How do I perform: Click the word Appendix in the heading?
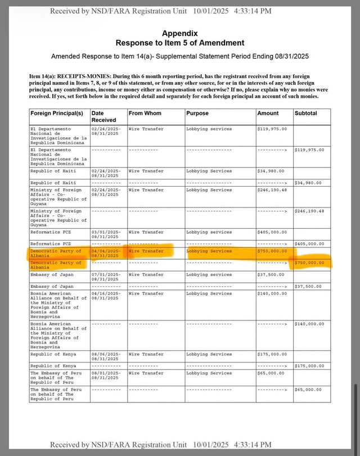tap(179, 33)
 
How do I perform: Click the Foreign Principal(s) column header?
tap(57, 113)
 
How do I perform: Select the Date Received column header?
tap(103, 116)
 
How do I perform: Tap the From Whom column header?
tap(145, 113)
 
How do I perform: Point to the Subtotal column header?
tap(306, 113)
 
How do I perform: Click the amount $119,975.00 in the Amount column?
tap(272, 129)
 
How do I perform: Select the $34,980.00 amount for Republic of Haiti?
tap(270, 171)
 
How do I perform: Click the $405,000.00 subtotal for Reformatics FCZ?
tap(309, 243)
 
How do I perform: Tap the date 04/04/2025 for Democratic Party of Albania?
tap(106, 251)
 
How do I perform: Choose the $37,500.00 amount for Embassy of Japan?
tap(270, 274)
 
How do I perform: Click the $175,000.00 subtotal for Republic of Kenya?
tap(309, 365)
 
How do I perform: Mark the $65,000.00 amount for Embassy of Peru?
tap(270, 373)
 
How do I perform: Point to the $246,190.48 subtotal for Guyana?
tap(309, 211)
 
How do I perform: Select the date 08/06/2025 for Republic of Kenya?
tap(106, 354)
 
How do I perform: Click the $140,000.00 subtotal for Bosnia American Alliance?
tap(309, 324)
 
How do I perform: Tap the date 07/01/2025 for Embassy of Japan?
tap(106, 274)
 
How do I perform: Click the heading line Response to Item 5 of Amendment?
tap(179, 43)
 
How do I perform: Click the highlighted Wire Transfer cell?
tap(146, 251)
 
